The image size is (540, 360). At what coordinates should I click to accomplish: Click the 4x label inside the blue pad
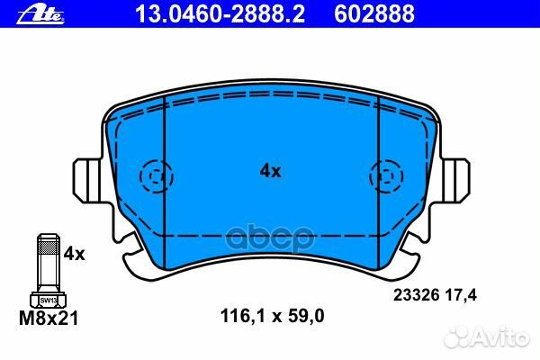pos(270,170)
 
